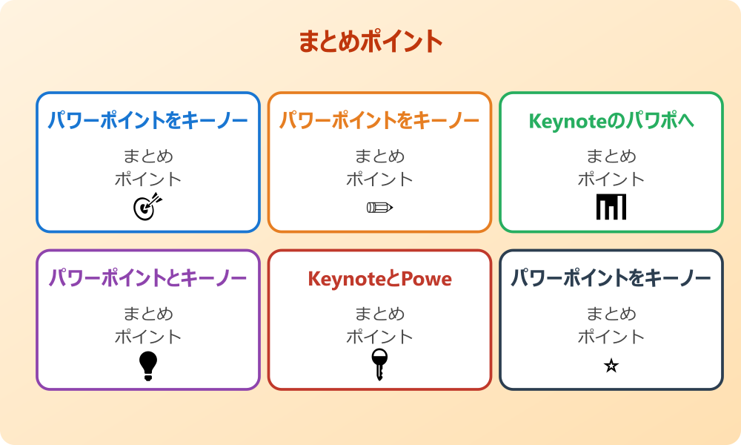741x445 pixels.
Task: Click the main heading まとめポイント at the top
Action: pyautogui.click(x=370, y=42)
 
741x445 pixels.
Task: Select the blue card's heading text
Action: pyautogui.click(x=148, y=120)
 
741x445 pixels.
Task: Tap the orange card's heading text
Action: pyautogui.click(x=379, y=120)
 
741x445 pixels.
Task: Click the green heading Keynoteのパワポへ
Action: pyautogui.click(x=611, y=120)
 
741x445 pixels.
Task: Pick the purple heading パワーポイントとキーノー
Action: pyautogui.click(x=148, y=278)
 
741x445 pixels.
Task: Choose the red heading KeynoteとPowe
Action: pyautogui.click(x=379, y=279)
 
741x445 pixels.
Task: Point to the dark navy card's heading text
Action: pyautogui.click(x=611, y=278)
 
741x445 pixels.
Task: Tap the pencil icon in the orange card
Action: pyautogui.click(x=379, y=207)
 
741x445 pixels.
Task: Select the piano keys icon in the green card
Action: pyautogui.click(x=611, y=207)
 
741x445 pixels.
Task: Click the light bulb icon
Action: pyautogui.click(x=148, y=366)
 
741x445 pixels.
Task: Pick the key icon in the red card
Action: pyautogui.click(x=379, y=364)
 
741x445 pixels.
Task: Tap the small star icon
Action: pyautogui.click(x=611, y=366)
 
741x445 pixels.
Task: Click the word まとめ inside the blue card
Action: pyautogui.click(x=148, y=156)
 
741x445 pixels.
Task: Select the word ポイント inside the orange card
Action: pyautogui.click(x=379, y=179)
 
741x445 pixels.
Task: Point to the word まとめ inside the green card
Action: pyautogui.click(x=611, y=156)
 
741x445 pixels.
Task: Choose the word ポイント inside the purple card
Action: pyautogui.click(x=148, y=337)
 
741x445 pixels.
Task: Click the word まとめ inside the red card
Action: pyautogui.click(x=379, y=314)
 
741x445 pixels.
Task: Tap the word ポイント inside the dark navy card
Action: pyautogui.click(x=611, y=337)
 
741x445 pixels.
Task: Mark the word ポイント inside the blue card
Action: pyautogui.click(x=148, y=179)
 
